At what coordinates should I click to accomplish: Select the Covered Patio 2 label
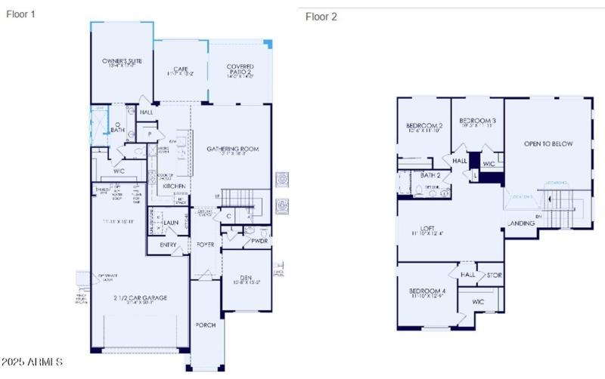240,67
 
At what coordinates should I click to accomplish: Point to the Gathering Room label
233,149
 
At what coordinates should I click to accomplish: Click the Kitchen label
175,186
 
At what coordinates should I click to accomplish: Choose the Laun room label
170,223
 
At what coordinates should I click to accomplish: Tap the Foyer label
206,245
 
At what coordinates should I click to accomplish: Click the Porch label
205,325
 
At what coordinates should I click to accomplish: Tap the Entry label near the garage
168,245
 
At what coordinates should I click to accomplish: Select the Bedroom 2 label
423,125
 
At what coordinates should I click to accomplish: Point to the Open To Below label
548,143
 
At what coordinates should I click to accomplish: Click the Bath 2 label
430,175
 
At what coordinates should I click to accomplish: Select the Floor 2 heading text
321,17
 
